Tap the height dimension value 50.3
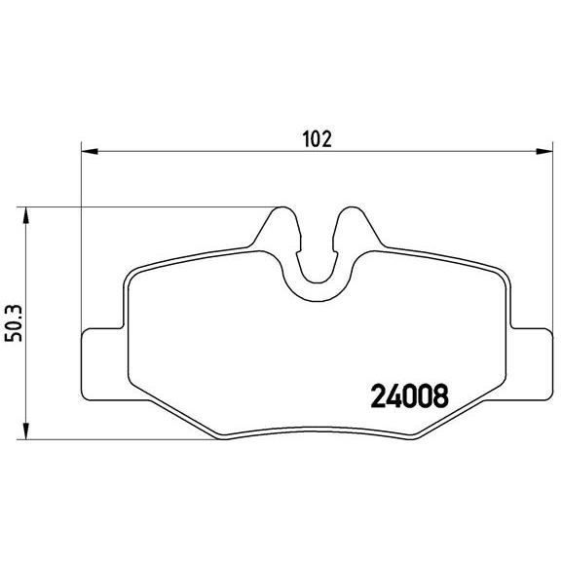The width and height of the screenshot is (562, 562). click(x=14, y=321)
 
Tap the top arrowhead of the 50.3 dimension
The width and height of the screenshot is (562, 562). click(x=25, y=212)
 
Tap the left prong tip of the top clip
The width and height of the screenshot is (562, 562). click(x=282, y=211)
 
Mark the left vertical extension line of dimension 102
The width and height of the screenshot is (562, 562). click(x=79, y=244)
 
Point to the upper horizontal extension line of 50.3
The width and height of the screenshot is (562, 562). click(x=146, y=206)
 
